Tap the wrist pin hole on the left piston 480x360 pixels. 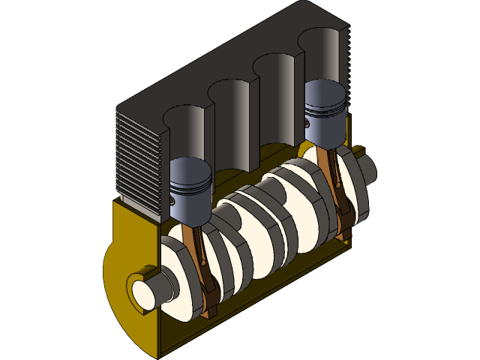(x=173, y=201)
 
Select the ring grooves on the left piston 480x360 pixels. (x=191, y=185)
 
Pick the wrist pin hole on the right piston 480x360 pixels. (x=307, y=120)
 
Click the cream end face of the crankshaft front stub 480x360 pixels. (x=141, y=292)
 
